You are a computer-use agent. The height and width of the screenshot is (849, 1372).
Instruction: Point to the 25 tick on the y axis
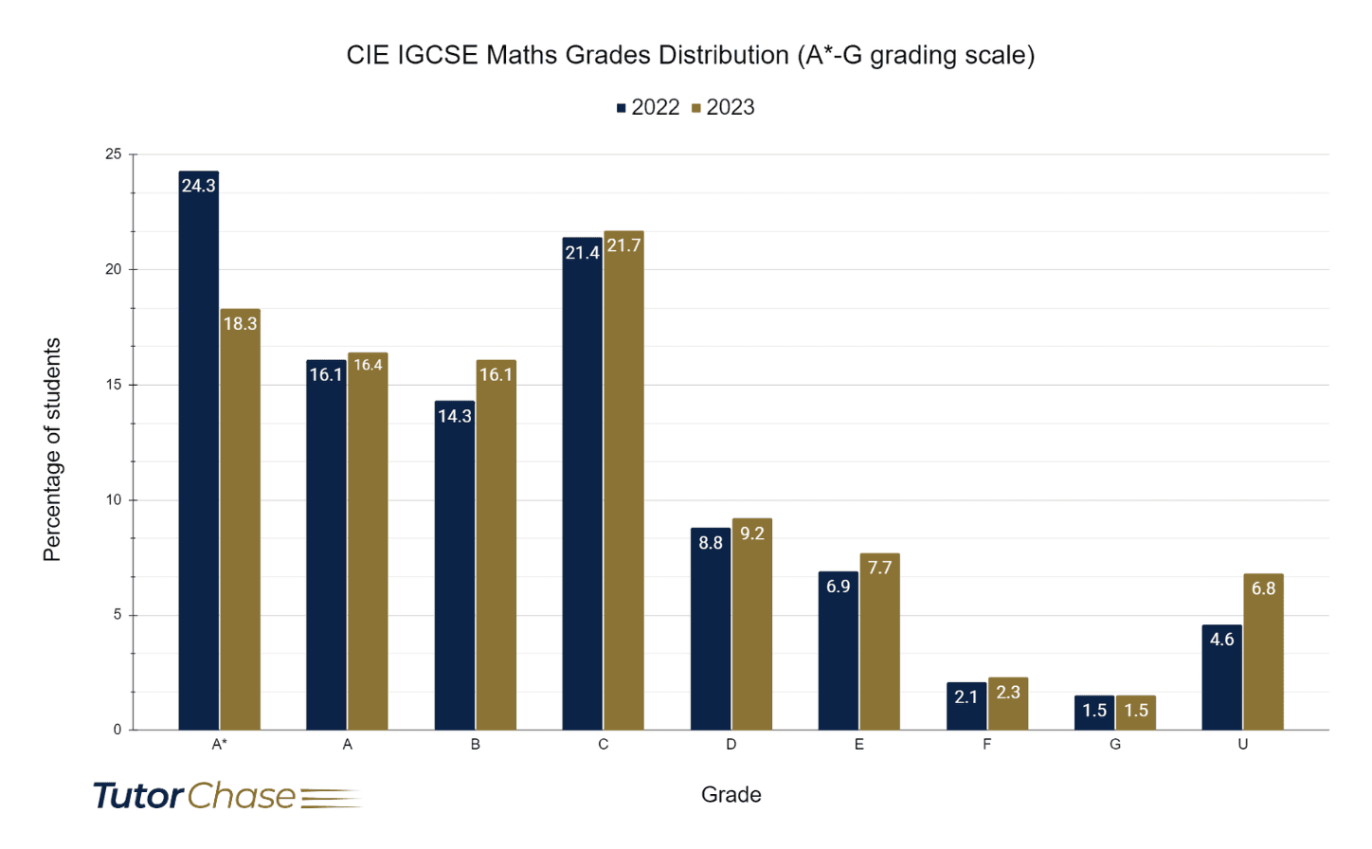pos(114,154)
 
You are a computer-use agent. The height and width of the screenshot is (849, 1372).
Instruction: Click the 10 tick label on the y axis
pos(114,500)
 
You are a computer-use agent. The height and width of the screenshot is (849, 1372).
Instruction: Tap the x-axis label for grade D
pos(731,745)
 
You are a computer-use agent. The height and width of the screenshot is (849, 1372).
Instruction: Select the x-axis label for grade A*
pos(219,745)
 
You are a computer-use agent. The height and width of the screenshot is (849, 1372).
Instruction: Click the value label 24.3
pos(199,186)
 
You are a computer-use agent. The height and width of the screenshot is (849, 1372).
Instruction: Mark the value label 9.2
pos(752,533)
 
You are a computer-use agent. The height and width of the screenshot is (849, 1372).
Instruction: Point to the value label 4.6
pos(1222,640)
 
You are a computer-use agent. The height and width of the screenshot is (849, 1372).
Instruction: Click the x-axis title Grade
pos(731,795)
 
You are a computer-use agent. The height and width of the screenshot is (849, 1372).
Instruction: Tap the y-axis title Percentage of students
pos(52,450)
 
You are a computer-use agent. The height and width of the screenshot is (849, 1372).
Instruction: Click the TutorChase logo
pos(227,796)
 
